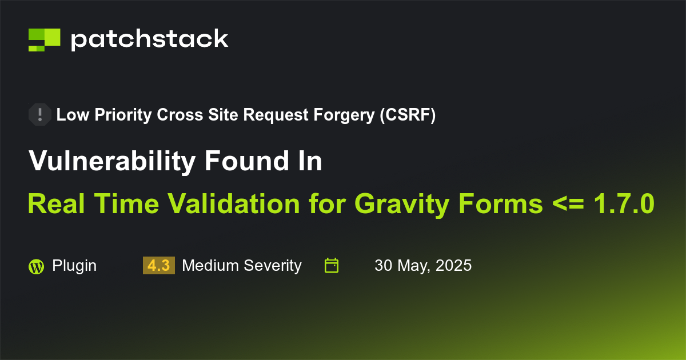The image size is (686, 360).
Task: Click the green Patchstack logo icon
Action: pyautogui.click(x=44, y=39)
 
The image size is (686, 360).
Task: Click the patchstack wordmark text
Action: pyautogui.click(x=149, y=39)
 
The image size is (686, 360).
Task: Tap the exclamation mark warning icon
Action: pyautogui.click(x=40, y=115)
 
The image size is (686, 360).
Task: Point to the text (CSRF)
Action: pyautogui.click(x=407, y=115)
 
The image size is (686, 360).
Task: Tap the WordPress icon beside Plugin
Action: pyautogui.click(x=36, y=266)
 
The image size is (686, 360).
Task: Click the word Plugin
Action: pyautogui.click(x=74, y=266)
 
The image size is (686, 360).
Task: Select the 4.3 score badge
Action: pyautogui.click(x=158, y=266)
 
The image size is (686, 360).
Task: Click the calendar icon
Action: pyautogui.click(x=332, y=266)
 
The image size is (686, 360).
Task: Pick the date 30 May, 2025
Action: pyautogui.click(x=423, y=266)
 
